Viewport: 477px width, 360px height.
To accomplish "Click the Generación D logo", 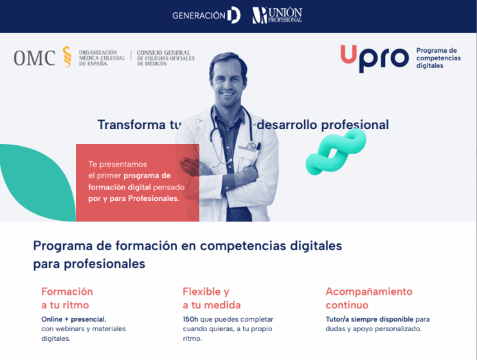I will tap(206, 15).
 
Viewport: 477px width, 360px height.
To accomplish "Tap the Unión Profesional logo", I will tap(277, 15).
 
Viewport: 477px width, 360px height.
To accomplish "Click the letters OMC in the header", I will tap(34, 58).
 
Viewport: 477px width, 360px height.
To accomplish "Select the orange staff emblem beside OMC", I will tap(66, 57).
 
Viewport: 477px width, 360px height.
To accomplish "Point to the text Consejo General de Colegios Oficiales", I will tap(165, 58).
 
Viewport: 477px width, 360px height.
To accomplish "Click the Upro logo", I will tap(374, 58).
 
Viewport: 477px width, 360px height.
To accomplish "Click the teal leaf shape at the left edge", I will tap(34, 182).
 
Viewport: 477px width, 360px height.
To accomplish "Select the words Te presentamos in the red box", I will tap(117, 164).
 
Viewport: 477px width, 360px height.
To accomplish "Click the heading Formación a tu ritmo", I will tap(66, 298).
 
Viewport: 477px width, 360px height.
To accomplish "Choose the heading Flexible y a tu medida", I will tap(211, 298).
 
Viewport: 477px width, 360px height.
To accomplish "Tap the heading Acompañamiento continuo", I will tap(369, 298).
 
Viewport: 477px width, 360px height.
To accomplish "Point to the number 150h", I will tap(191, 320).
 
